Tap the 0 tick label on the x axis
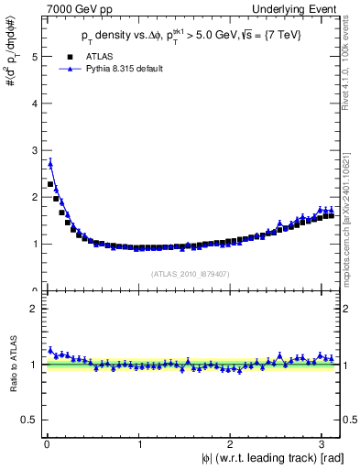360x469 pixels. tap(46, 443)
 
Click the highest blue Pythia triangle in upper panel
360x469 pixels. tap(49, 164)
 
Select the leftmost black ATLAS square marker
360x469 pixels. tap(49, 184)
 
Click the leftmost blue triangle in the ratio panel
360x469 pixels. tap(49, 350)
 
